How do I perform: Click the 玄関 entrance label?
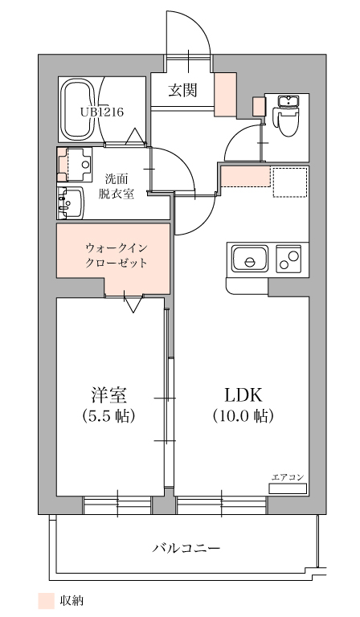coord(182,91)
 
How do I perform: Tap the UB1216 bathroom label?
coord(102,112)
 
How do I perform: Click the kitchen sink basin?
coord(250,258)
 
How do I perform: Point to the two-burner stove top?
coord(289,259)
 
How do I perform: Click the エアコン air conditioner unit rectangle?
coord(287,488)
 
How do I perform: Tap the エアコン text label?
coord(288,477)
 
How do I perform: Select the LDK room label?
coord(243,394)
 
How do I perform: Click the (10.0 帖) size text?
coord(243,415)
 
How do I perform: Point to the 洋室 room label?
coord(109,394)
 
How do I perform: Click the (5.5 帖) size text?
coord(109,415)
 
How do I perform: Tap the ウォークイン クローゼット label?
coord(117,255)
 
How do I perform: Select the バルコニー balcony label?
coord(186,548)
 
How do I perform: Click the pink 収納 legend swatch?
coord(46,600)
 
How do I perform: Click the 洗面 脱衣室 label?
coord(117,186)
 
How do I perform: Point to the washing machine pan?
coord(75,165)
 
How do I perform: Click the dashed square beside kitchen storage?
coord(290,182)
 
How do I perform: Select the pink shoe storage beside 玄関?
coord(225,95)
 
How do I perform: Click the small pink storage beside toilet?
coord(260,106)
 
